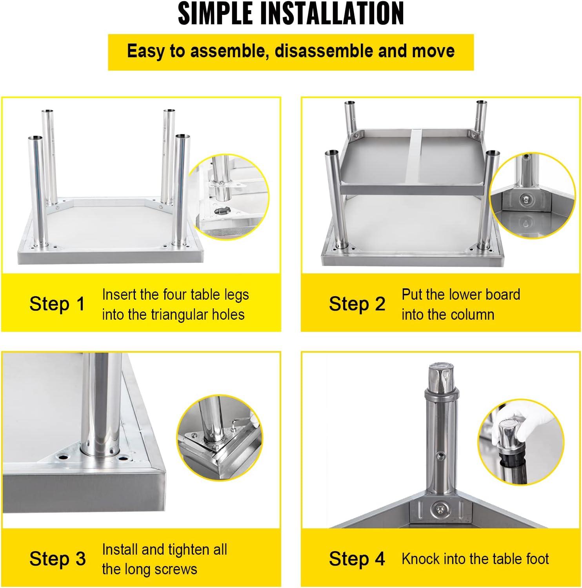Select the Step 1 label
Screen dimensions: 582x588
tap(57, 304)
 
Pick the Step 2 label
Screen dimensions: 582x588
tap(357, 304)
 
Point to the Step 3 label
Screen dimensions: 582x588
tap(58, 559)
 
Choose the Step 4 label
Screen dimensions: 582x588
tap(357, 559)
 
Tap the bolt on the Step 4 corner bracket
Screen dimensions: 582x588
tap(440, 509)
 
